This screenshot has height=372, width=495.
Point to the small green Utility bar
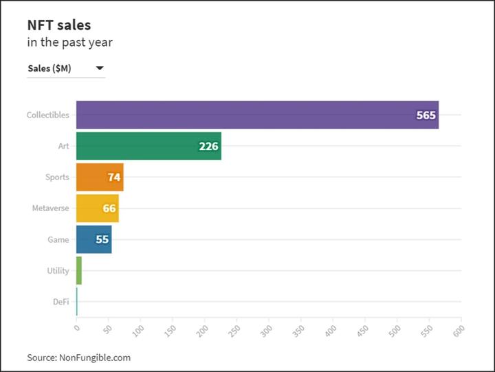(79, 270)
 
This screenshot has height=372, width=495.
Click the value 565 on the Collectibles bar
(426, 115)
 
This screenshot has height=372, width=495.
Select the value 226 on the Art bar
(208, 146)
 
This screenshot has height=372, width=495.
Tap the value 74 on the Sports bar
(114, 177)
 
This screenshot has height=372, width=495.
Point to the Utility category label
(58, 270)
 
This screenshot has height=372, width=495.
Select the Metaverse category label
(50, 208)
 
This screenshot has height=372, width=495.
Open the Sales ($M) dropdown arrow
(100, 68)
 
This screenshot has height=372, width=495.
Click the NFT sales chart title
(58, 25)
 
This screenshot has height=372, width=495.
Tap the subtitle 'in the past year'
(69, 43)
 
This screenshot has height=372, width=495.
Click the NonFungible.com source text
(78, 358)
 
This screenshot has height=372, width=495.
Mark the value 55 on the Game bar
(102, 239)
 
